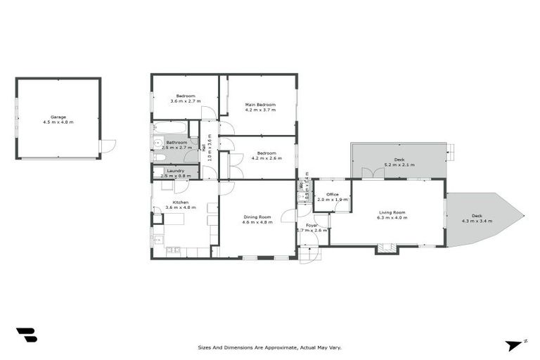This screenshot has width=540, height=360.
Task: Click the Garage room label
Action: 58,117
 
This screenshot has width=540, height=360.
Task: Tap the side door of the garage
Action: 108,146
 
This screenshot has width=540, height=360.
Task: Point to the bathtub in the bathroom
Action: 169,129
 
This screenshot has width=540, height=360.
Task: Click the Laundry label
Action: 175,170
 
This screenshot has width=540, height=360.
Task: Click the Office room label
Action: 333,194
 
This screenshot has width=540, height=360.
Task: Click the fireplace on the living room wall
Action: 386,247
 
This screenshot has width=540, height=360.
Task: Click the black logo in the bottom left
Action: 26,335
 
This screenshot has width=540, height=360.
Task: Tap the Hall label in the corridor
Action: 204,147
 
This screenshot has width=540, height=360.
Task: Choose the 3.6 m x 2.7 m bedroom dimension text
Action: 186,101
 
